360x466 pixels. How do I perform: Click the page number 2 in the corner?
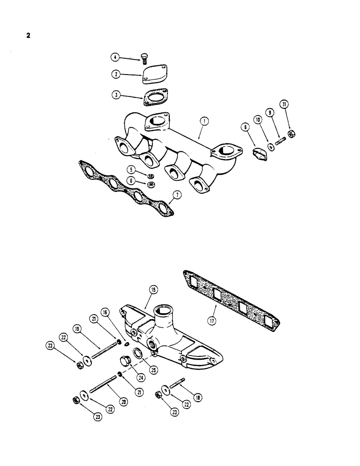point(28,35)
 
